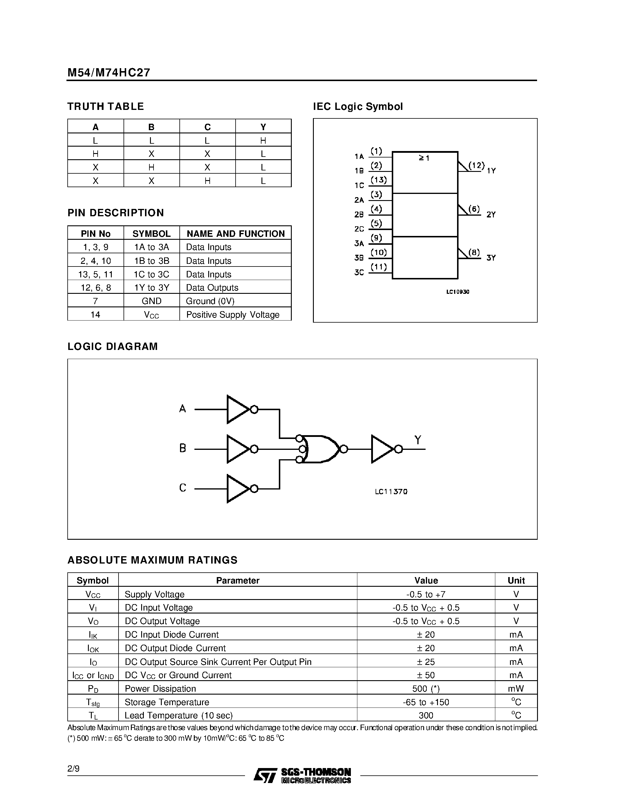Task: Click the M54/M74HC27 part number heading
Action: (x=109, y=73)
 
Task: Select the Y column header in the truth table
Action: (x=263, y=127)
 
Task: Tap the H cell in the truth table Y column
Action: (x=263, y=140)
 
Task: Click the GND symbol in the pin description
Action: (x=151, y=301)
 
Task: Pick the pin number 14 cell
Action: (x=95, y=314)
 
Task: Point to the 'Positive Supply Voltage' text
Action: (x=233, y=314)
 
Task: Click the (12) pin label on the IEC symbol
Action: (x=476, y=165)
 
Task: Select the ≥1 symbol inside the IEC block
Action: (x=424, y=158)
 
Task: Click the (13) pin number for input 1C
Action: (x=379, y=180)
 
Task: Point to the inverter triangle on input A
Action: (x=237, y=409)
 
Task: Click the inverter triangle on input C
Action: (x=237, y=488)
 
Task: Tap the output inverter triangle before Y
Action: (x=382, y=449)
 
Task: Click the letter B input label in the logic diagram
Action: (x=183, y=448)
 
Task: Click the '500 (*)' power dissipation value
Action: (x=426, y=688)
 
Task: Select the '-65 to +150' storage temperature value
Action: (x=426, y=702)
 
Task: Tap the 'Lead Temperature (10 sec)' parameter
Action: (x=179, y=715)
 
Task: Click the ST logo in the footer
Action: (x=265, y=775)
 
